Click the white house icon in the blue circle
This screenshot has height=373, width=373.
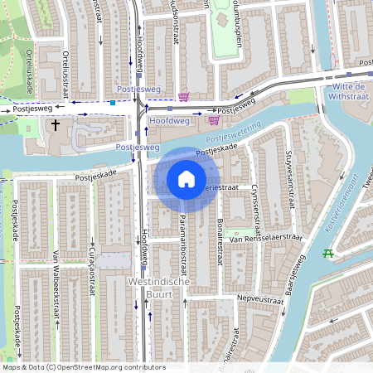(x=186, y=179)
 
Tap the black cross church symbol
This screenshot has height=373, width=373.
(x=56, y=126)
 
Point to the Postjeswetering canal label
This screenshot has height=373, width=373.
(x=233, y=131)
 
